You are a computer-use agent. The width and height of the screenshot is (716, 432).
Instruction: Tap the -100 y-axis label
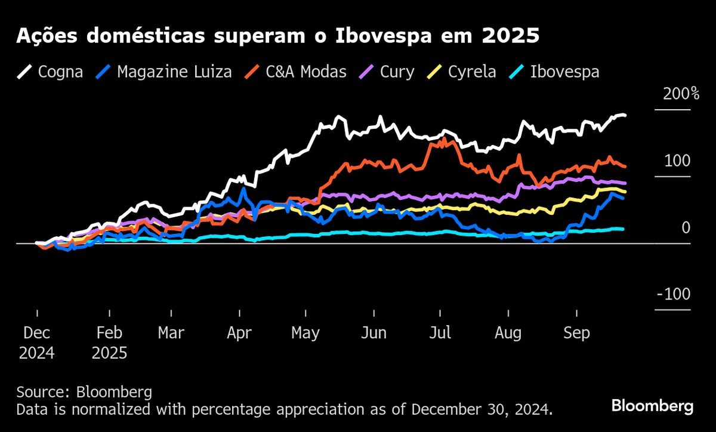click(672, 295)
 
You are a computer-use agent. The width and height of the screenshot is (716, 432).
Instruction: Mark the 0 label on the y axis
click(686, 228)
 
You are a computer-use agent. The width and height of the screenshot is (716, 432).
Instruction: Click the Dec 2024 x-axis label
click(36, 342)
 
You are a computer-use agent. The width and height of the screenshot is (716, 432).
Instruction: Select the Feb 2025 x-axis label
click(110, 342)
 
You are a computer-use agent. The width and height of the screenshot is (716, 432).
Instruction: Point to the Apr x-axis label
click(239, 333)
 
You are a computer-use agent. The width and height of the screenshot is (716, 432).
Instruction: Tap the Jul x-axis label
click(440, 333)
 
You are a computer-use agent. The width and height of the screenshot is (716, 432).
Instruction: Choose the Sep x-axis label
click(577, 333)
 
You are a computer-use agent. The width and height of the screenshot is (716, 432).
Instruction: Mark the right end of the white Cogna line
click(624, 115)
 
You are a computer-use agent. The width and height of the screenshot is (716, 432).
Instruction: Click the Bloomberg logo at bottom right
click(652, 406)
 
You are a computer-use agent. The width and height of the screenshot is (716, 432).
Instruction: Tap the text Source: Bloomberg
click(84, 392)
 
